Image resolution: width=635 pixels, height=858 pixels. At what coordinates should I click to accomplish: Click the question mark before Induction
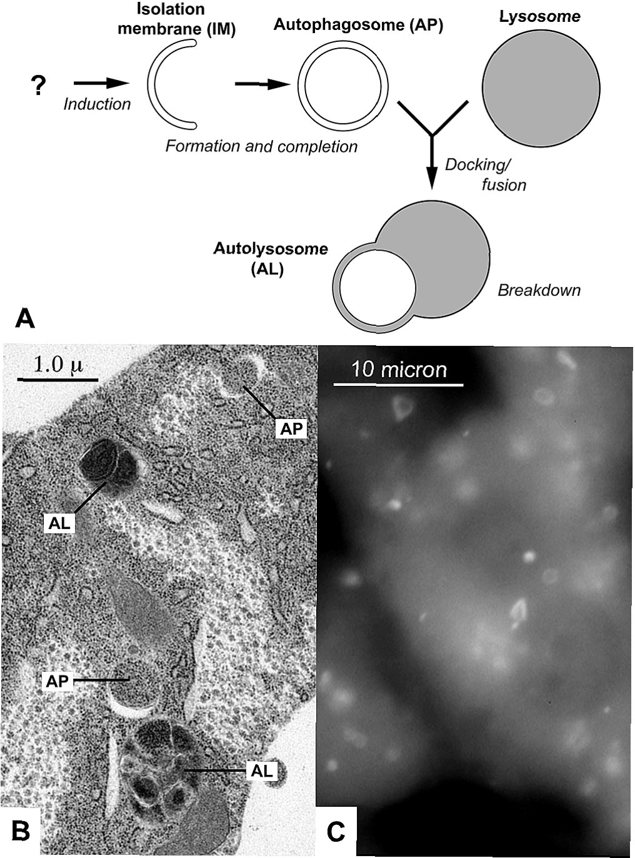[x=38, y=85]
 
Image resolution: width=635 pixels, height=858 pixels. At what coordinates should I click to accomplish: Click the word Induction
[x=97, y=104]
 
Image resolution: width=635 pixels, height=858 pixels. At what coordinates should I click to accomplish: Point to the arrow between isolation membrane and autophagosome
[x=262, y=84]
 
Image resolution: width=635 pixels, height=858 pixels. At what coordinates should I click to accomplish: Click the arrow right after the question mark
[x=101, y=82]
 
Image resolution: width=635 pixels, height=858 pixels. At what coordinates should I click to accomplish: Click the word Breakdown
[x=539, y=290]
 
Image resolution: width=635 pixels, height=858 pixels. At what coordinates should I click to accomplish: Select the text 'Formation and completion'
[x=261, y=146]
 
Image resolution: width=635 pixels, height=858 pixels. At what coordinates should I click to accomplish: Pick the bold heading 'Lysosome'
[x=539, y=16]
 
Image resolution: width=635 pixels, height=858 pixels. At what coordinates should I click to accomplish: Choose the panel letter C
[x=336, y=831]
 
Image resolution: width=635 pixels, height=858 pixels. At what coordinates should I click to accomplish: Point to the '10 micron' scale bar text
[x=399, y=370]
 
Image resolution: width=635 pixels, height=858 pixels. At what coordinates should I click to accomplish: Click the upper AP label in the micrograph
[x=291, y=428]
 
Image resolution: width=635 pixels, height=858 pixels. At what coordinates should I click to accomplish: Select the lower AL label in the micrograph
[x=261, y=771]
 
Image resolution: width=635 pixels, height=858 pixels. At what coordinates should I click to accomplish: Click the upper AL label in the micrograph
[x=60, y=523]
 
